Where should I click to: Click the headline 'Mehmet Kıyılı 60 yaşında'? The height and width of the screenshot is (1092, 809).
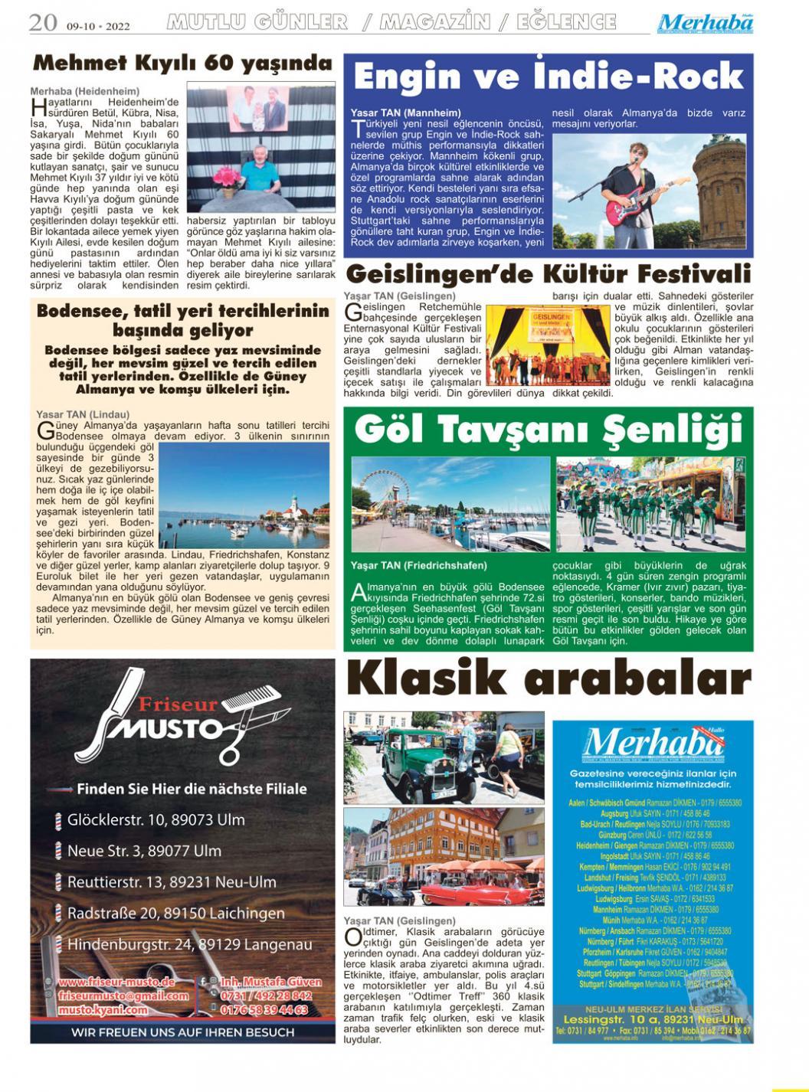click(x=182, y=63)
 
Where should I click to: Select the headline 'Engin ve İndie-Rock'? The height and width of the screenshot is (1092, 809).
click(x=548, y=76)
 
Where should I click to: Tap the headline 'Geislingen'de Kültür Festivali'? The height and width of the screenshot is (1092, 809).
click(x=548, y=273)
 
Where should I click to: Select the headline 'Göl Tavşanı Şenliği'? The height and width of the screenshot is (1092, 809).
click(x=548, y=430)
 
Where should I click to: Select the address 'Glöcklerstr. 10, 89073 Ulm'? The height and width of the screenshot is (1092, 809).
click(x=156, y=819)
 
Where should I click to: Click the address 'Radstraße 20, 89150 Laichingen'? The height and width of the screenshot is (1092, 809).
click(x=175, y=913)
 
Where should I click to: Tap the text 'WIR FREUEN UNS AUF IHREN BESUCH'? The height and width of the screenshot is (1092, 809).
click(x=182, y=1032)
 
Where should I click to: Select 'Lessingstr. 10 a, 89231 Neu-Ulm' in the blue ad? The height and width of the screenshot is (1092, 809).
click(x=653, y=1020)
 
